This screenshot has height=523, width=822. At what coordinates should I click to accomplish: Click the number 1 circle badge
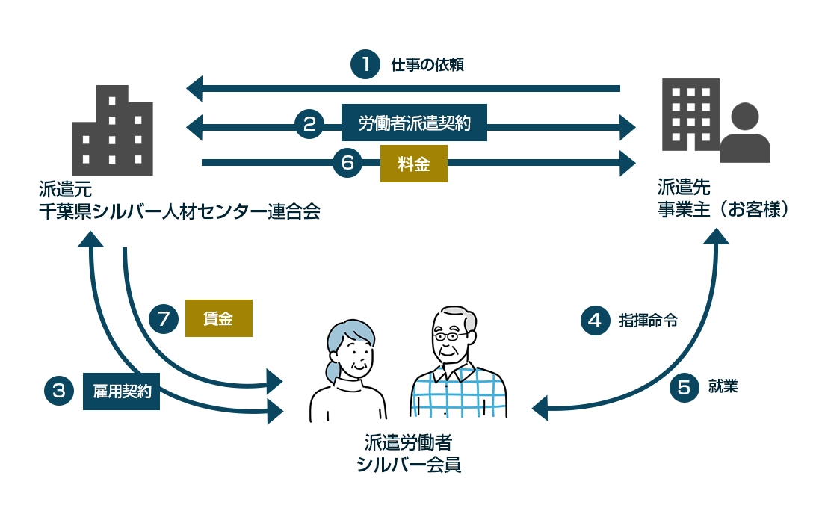pos(365,64)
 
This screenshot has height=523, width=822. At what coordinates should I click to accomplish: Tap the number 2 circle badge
pos(309,124)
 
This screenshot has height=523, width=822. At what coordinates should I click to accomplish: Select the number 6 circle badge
pos(347,164)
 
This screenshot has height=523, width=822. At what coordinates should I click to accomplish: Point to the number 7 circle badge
pos(164,319)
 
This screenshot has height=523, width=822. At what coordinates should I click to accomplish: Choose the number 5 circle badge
pos(683,387)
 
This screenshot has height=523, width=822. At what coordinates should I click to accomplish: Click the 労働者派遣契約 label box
pos(414,123)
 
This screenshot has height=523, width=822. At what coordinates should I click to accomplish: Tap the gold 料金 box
pos(413,164)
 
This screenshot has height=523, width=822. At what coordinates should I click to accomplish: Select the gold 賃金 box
pos(218,318)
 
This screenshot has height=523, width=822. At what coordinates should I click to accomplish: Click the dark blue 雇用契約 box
pos(121,391)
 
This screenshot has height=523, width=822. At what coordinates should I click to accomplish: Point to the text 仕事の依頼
pos(427,65)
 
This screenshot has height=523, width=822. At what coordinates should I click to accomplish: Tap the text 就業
pos(723,387)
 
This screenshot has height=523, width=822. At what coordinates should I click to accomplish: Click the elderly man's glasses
pos(451,337)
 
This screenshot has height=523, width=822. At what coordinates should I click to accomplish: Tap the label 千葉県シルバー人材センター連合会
pos(179,211)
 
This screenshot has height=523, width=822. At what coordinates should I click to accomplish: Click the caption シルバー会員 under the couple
pos(409,465)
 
